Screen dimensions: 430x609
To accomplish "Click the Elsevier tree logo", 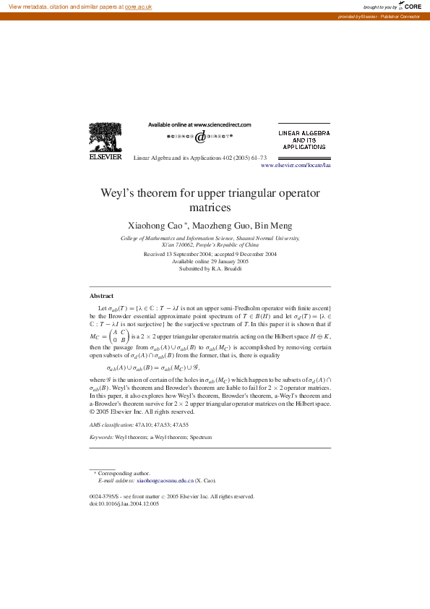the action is click(x=106, y=137).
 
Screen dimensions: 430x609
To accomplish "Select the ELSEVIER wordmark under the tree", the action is click(x=106, y=156).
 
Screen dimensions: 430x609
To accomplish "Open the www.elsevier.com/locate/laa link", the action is click(x=295, y=166).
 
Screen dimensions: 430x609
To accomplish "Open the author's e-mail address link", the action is click(x=165, y=480).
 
